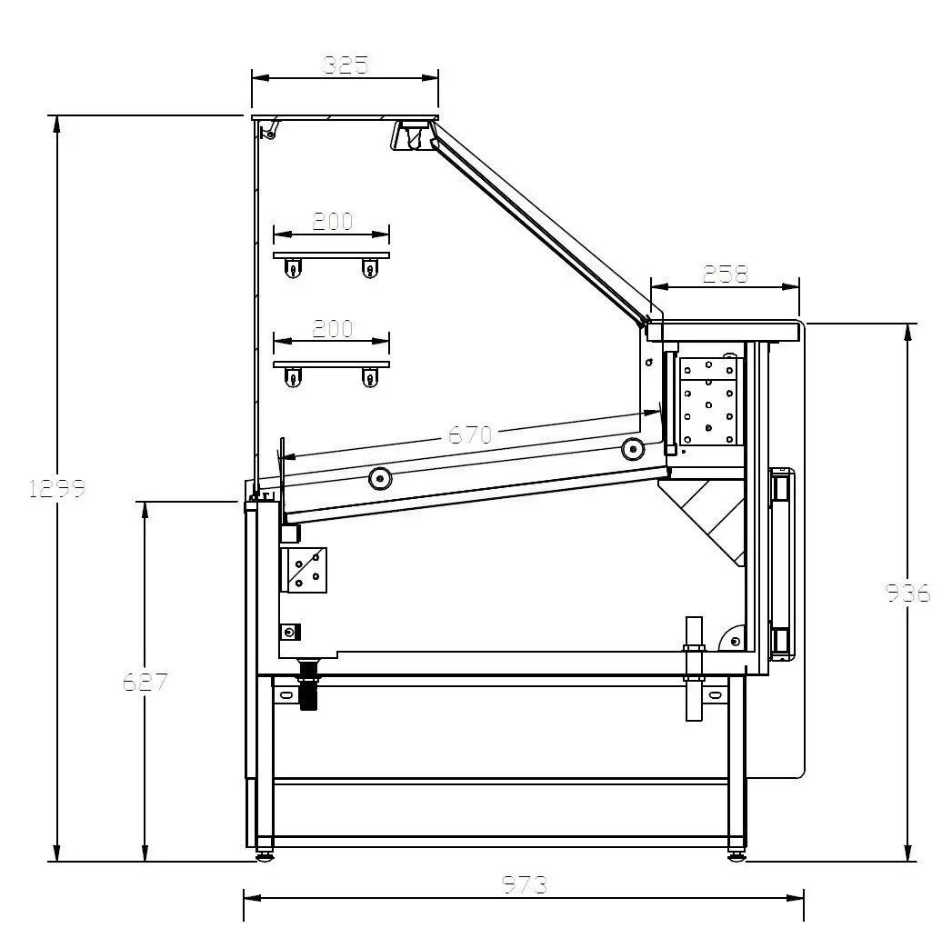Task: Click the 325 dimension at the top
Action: [x=346, y=65]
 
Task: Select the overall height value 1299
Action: [x=57, y=488]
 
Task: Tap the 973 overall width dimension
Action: [x=525, y=885]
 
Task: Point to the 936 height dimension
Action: [x=907, y=593]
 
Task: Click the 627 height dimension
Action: [x=145, y=683]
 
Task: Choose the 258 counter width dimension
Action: [x=725, y=274]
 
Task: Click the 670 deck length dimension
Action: [x=470, y=434]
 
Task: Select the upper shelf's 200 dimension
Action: [x=332, y=221]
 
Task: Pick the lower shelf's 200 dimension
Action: [x=332, y=328]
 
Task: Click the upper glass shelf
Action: [x=332, y=255]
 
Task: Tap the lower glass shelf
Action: [x=332, y=364]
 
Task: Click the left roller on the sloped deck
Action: [x=380, y=479]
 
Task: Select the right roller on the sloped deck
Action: [x=633, y=449]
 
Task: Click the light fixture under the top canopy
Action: [x=413, y=135]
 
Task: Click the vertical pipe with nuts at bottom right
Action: [x=694, y=669]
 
